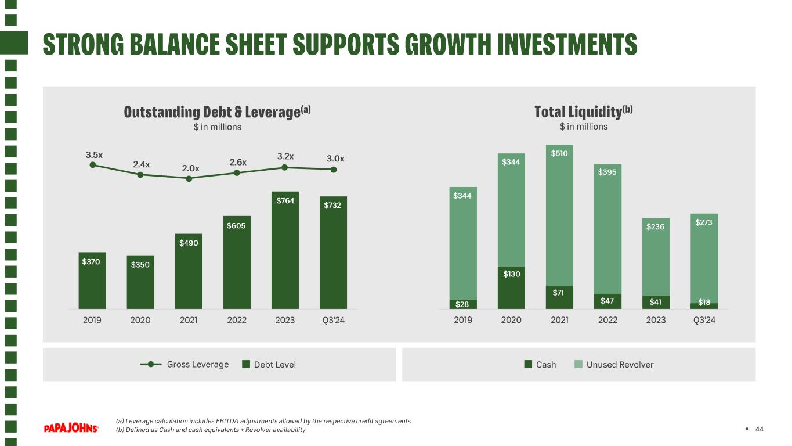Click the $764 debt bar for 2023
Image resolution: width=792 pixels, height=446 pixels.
pos(285,250)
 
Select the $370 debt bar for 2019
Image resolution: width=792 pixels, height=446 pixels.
pos(92,280)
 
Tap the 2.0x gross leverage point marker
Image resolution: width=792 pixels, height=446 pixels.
pos(189,179)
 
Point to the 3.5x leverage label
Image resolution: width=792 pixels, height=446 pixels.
pos(94,155)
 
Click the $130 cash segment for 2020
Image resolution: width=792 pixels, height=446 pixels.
pos(511,288)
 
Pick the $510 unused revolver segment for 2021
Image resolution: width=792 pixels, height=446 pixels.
pos(559,215)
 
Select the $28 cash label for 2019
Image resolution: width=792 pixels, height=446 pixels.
pos(462,304)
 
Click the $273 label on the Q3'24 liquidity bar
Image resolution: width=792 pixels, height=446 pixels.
pos(704,222)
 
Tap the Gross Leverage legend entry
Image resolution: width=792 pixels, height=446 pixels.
pos(184,364)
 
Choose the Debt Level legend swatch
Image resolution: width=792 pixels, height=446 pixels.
pos(246,364)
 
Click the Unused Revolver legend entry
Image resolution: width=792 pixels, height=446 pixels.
pos(614,364)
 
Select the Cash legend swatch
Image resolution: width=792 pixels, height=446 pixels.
pos(528,364)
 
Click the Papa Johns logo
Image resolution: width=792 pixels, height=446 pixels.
pos(71,428)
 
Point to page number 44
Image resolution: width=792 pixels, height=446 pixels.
pos(759,429)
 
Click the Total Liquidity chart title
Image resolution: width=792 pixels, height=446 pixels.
pos(583,111)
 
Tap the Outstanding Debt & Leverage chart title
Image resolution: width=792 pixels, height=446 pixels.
pos(217,112)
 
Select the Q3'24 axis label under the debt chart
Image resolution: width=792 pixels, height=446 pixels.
pos(333,320)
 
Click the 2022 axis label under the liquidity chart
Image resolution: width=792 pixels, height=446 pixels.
pos(607,320)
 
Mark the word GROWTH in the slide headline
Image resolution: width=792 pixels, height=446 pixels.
pos(448,44)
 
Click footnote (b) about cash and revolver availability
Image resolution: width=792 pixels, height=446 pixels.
pos(211,430)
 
